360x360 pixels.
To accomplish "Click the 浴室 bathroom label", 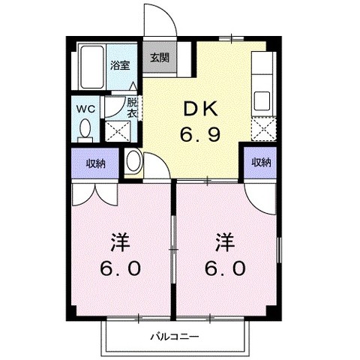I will tap(120, 65).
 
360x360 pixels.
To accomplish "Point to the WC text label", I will tap(84, 108).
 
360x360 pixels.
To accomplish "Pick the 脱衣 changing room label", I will tap(132, 106).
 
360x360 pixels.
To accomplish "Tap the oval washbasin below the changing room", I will tap(133, 161).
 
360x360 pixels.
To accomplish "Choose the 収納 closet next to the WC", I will tap(94, 162).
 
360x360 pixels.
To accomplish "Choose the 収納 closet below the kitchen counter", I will tap(260, 162).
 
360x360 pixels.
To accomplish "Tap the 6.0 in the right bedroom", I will tap(223, 268).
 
